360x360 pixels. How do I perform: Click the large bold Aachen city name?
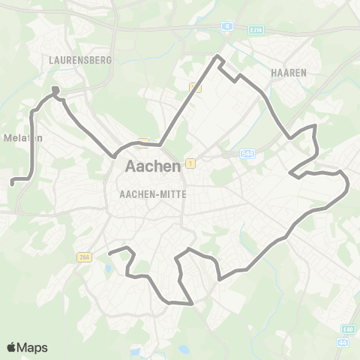[x=153, y=166]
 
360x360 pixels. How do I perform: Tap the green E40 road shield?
[x=347, y=328]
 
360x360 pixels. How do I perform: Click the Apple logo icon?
[x=13, y=347]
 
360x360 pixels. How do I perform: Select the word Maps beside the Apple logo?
[x=34, y=347]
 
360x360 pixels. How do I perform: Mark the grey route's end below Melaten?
[x=11, y=181]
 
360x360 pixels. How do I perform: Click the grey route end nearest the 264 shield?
[x=110, y=253]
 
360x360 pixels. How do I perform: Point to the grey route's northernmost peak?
[x=218, y=57]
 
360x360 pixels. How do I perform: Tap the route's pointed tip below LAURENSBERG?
[x=55, y=91]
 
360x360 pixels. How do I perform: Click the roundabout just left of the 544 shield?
[x=233, y=154]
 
